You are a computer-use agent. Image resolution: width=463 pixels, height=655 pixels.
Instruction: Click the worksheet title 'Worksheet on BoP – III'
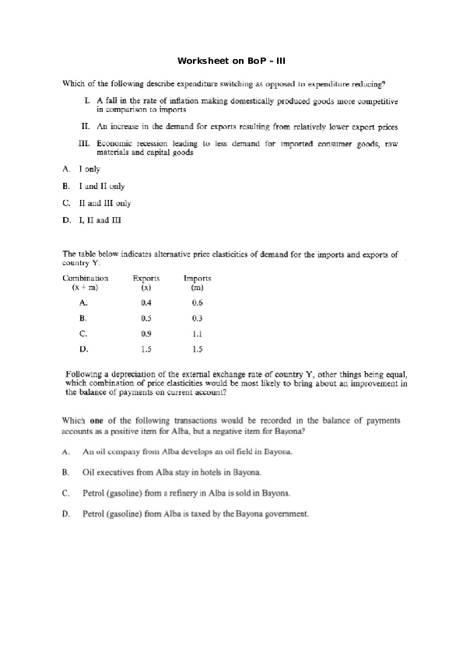click(x=232, y=60)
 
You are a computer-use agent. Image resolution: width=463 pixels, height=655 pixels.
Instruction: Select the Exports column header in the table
click(x=146, y=278)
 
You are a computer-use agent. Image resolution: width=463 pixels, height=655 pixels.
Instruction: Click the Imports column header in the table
click(x=197, y=278)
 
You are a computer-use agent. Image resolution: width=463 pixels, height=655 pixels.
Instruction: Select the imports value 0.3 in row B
click(x=197, y=318)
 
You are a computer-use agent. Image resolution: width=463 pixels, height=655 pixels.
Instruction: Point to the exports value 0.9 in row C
click(x=146, y=334)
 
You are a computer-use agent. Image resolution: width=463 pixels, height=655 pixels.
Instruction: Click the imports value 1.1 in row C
click(x=197, y=334)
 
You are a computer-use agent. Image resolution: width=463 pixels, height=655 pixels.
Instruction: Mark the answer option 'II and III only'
click(x=104, y=203)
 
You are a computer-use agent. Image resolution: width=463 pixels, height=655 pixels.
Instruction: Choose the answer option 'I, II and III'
click(x=100, y=220)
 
